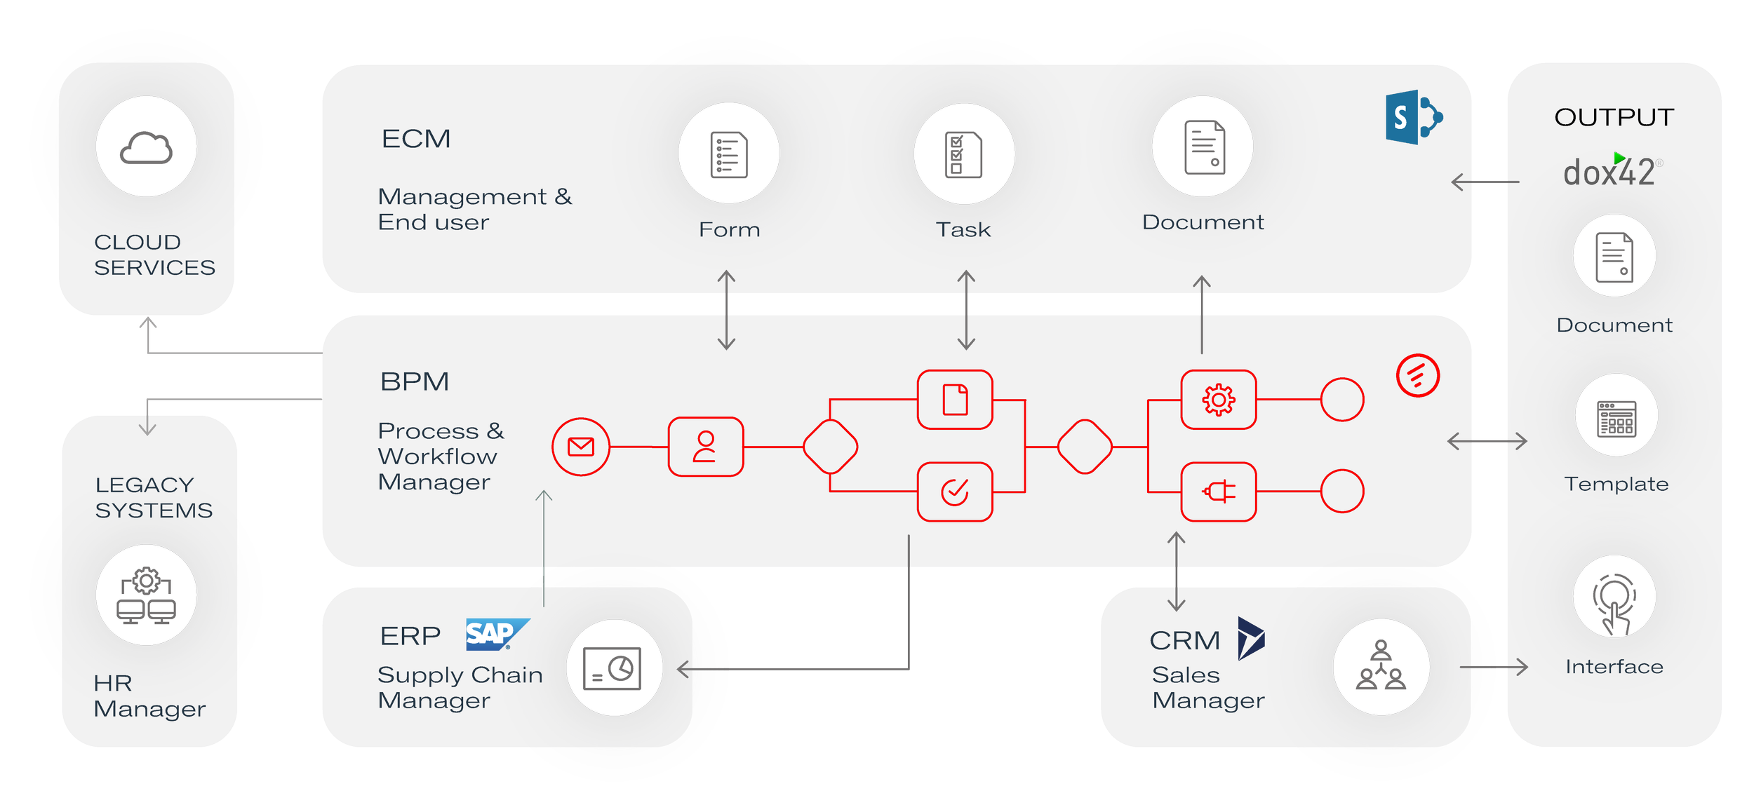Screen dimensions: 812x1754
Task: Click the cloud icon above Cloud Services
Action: click(146, 147)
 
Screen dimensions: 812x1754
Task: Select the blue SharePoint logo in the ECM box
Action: click(1412, 117)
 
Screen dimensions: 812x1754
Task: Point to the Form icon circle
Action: click(728, 154)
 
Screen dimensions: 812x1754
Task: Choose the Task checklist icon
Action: click(963, 154)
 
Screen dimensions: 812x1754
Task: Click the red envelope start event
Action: click(580, 447)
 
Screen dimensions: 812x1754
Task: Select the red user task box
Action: click(705, 447)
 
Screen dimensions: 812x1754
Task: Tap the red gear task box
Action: click(1218, 400)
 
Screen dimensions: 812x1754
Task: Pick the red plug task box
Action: click(1218, 492)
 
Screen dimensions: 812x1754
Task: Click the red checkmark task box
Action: click(954, 492)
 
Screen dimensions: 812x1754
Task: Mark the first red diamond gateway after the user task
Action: click(830, 447)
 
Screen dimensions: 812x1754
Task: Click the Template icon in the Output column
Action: click(1616, 417)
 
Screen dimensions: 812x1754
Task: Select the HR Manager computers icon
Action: click(146, 595)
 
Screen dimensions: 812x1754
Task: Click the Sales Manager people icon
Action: click(1381, 667)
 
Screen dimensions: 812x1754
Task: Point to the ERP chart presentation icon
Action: click(613, 668)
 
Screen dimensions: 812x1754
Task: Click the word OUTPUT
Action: click(1614, 117)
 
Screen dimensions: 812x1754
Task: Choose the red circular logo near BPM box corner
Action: click(1417, 376)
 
